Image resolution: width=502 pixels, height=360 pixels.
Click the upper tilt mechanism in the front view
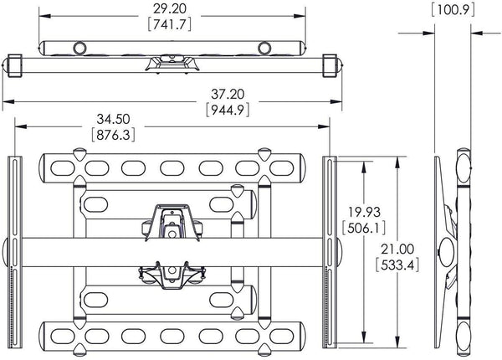(173, 222)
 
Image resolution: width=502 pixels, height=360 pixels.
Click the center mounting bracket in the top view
(173, 60)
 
